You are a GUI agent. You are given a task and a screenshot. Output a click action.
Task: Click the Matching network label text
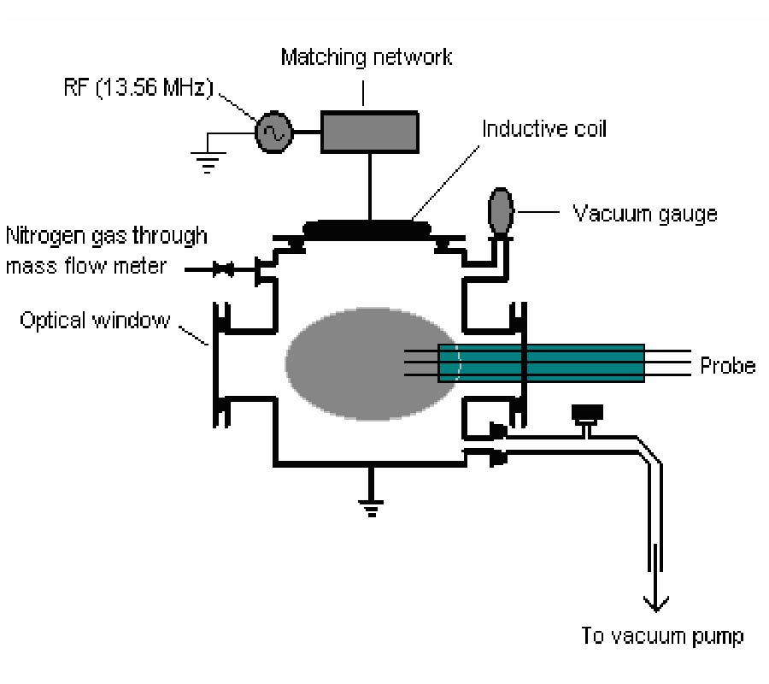pyautogui.click(x=366, y=57)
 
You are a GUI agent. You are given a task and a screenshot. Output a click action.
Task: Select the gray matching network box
pyautogui.click(x=370, y=132)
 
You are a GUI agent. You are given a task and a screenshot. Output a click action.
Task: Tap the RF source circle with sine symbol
pyautogui.click(x=273, y=132)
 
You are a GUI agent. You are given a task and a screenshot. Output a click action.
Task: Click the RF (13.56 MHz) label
pyautogui.click(x=138, y=88)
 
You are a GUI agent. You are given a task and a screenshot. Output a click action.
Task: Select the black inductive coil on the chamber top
pyautogui.click(x=367, y=230)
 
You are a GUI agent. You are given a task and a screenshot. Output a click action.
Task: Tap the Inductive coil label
pyautogui.click(x=544, y=128)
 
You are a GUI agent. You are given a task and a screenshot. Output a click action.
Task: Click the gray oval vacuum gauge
pyautogui.click(x=501, y=211)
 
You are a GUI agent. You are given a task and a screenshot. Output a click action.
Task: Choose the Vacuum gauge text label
pyautogui.click(x=645, y=215)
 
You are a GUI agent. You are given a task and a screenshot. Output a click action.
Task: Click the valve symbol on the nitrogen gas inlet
pyautogui.click(x=223, y=268)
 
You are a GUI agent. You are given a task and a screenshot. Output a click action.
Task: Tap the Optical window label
pyautogui.click(x=95, y=320)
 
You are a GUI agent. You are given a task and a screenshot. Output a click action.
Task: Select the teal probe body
pyautogui.click(x=541, y=363)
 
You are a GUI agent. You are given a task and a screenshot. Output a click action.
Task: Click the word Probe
pyautogui.click(x=727, y=366)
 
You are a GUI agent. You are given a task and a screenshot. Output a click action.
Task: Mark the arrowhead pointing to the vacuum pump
pyautogui.click(x=655, y=604)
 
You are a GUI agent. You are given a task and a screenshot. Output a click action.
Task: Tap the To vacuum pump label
pyautogui.click(x=662, y=636)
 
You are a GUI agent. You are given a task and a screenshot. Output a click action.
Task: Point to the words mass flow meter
pyautogui.click(x=85, y=266)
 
